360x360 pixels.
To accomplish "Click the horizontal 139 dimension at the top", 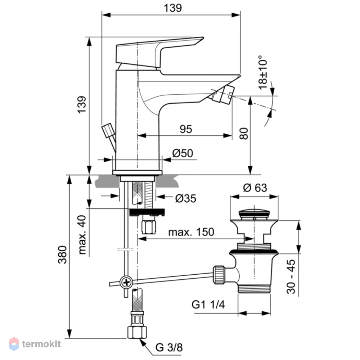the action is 173,8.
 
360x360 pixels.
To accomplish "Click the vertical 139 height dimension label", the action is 82,105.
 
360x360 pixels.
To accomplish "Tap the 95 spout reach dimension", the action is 186,129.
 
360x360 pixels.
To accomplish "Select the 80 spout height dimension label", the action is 244,134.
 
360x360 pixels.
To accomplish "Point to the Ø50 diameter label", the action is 183,153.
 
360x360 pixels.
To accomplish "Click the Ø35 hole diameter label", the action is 186,198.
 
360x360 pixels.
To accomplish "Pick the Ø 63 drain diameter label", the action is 255,188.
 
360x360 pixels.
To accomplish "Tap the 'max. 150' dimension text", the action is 191,232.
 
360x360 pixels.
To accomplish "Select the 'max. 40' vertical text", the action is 82,235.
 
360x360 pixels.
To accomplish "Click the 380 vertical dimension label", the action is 62,255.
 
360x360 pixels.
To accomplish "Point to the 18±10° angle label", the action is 263,72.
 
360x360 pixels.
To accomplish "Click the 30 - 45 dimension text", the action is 291,277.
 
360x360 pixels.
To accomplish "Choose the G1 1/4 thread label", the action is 208,305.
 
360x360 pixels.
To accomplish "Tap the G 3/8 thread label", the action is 169,347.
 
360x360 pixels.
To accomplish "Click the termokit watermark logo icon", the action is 14,344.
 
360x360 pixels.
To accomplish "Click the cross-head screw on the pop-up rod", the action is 126,282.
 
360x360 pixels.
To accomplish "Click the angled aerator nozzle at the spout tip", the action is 223,94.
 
